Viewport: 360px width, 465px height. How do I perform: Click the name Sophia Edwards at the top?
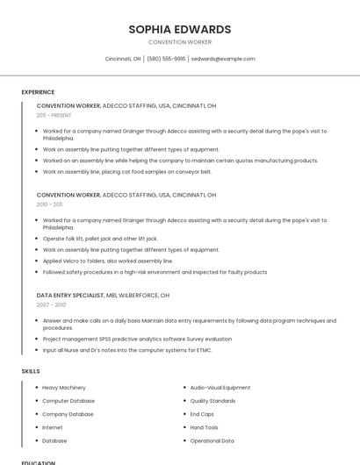pos(180,29)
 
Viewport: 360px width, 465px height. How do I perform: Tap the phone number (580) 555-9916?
pos(166,59)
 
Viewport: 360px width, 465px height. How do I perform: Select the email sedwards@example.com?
pos(223,59)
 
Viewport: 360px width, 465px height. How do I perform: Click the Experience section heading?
pos(38,92)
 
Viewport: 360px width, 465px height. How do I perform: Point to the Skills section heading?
pos(31,371)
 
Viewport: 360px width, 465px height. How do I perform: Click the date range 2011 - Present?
pos(54,115)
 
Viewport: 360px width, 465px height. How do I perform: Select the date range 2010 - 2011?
pos(49,204)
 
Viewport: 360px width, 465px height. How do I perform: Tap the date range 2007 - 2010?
pos(51,304)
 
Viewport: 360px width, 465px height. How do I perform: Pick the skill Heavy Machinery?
pos(64,387)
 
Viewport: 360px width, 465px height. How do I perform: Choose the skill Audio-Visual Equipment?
pos(220,387)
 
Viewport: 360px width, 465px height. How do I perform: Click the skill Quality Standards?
pos(212,401)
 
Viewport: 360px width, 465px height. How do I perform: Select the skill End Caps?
pos(202,414)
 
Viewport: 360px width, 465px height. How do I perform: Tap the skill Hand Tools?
pos(205,427)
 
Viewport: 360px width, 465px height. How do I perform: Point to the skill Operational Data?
pos(212,440)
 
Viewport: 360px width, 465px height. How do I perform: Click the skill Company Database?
pos(68,414)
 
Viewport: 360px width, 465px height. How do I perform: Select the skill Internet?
pos(53,427)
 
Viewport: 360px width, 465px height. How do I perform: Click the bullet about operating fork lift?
pos(100,238)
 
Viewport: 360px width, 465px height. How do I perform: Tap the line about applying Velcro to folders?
pos(108,261)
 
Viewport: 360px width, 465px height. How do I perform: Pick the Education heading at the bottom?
pos(38,462)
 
